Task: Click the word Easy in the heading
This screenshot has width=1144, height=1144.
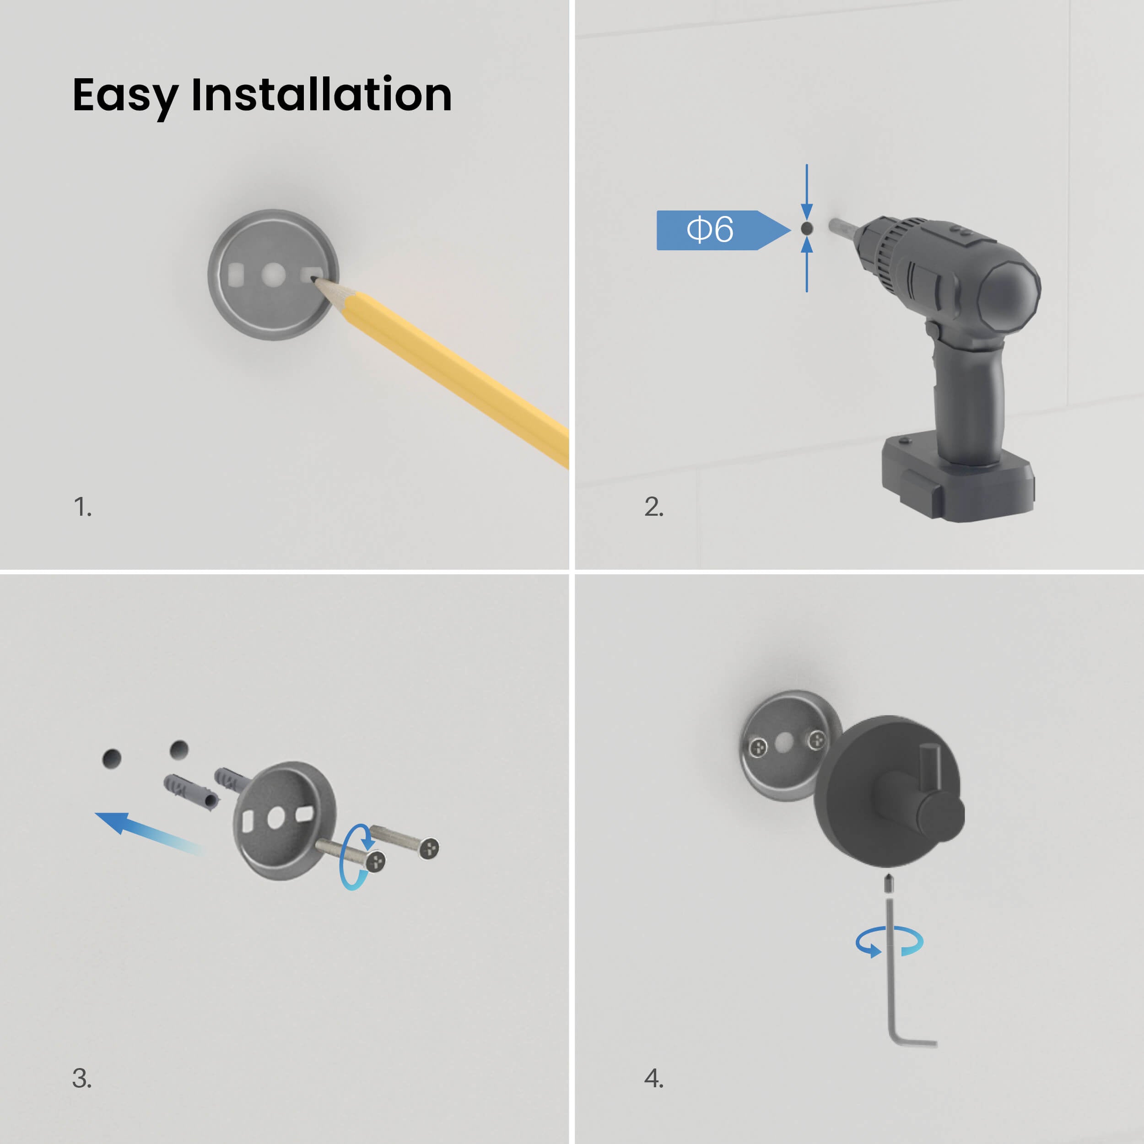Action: tap(125, 96)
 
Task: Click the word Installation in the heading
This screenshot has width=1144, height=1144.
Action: tap(322, 94)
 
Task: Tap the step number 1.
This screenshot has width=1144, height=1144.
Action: tap(82, 507)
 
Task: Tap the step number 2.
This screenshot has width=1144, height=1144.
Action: tap(654, 507)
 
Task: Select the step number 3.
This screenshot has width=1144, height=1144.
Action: tap(82, 1078)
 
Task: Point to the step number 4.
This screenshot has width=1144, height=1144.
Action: tap(654, 1078)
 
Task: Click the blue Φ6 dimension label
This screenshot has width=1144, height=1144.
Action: tap(723, 230)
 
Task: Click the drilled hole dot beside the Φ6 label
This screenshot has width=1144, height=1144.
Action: tap(806, 228)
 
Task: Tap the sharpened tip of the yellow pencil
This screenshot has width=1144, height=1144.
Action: tap(314, 279)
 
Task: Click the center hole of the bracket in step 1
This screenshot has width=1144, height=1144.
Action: tap(274, 274)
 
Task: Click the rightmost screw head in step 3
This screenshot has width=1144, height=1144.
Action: tap(429, 848)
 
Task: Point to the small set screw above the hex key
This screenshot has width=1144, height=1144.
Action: tap(888, 884)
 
